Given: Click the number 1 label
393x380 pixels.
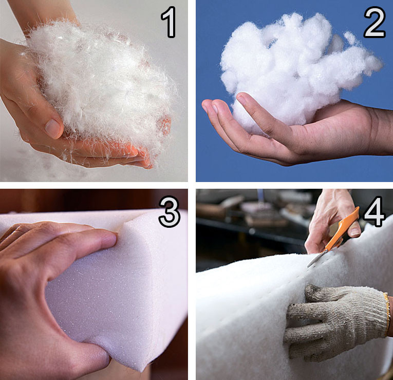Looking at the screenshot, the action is click(x=169, y=22).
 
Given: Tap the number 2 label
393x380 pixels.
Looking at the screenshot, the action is click(x=374, y=22).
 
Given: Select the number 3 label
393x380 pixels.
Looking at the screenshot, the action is click(x=170, y=212).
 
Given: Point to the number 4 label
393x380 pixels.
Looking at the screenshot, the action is click(x=374, y=212).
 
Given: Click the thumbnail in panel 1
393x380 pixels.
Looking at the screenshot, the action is click(x=53, y=129).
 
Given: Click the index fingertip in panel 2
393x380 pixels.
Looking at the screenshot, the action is click(x=206, y=105).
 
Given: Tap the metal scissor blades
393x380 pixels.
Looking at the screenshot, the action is click(x=316, y=259).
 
